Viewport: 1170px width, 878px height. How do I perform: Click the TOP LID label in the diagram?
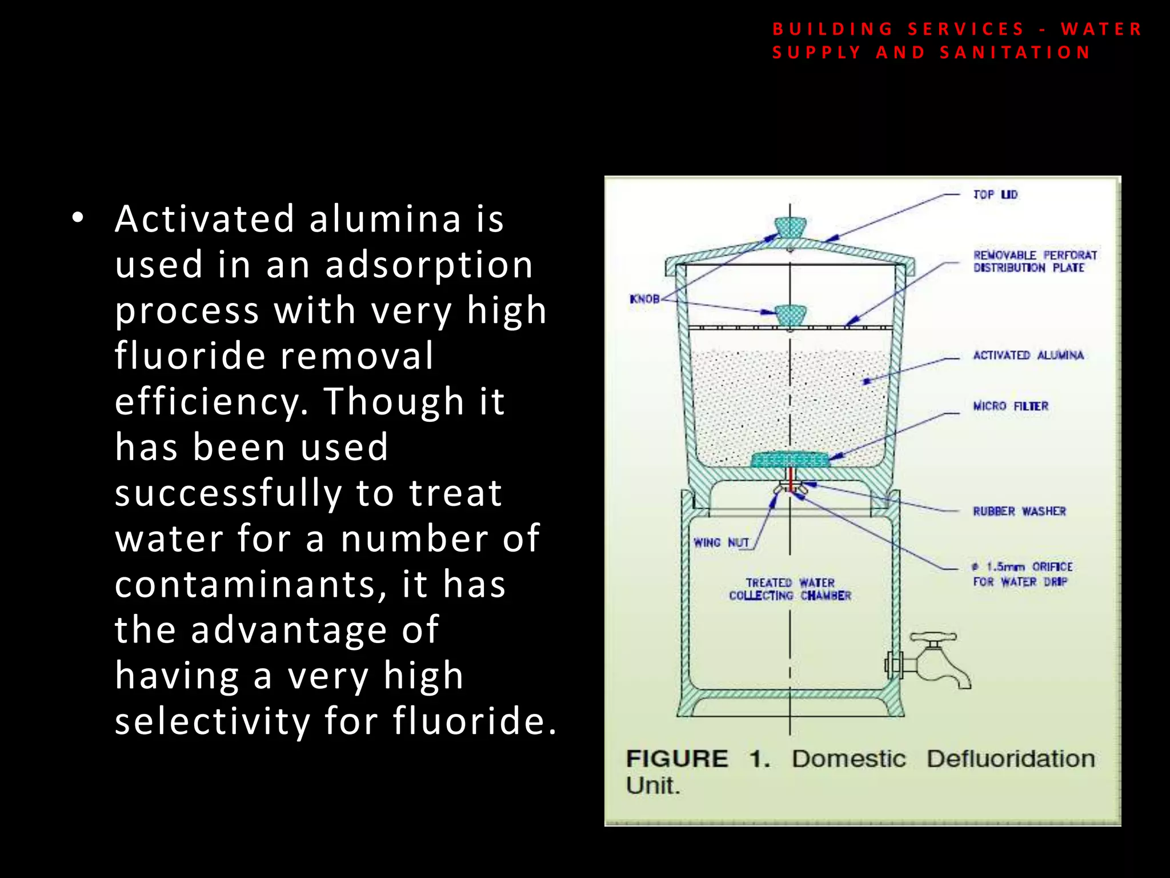click(995, 195)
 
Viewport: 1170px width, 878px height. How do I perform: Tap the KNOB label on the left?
click(644, 299)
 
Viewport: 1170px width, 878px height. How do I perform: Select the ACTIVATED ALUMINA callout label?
click(1028, 356)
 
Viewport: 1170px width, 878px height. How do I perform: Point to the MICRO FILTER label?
click(1011, 406)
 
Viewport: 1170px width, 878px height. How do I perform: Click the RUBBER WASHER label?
click(1019, 512)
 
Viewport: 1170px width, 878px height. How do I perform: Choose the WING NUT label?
click(721, 542)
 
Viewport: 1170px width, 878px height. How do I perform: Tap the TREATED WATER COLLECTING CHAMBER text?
click(790, 589)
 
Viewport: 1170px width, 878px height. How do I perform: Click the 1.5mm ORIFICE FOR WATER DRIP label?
click(1023, 574)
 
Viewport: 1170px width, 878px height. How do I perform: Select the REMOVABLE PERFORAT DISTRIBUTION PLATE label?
click(1035, 261)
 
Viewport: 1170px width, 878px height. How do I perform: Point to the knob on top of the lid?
click(790, 228)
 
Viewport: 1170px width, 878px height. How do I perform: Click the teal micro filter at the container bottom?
click(790, 460)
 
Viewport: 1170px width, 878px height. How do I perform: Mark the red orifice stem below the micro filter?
click(790, 479)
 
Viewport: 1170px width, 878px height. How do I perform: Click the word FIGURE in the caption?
click(677, 759)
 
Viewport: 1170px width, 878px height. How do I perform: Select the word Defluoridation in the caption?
click(1010, 759)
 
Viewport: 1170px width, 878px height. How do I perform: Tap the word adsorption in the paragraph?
click(428, 265)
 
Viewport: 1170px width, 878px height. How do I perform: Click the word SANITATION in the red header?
click(1015, 53)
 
